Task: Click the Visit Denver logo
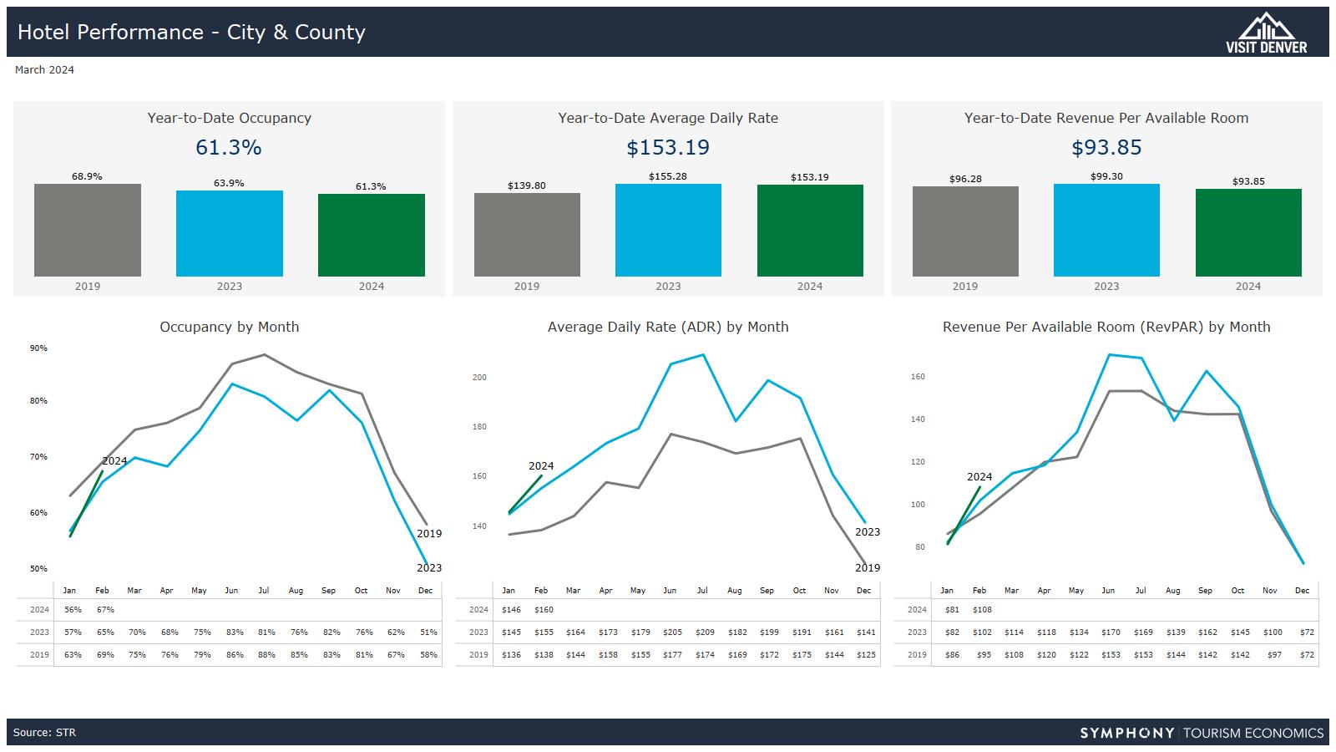pos(1266,33)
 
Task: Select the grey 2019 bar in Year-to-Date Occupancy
pos(88,231)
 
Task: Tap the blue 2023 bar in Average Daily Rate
pos(668,231)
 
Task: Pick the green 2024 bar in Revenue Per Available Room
pos(1248,233)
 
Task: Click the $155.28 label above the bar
pos(668,176)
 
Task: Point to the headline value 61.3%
pos(229,148)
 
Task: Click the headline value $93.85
pos(1106,148)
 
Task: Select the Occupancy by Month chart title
pos(230,327)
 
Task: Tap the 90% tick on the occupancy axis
pos(38,348)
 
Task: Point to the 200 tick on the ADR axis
pos(479,377)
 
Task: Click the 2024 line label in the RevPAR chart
pos(979,477)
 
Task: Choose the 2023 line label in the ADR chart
pos(868,531)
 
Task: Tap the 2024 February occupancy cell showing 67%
pos(105,610)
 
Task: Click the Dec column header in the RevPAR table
pos(1302,591)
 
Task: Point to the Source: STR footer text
pos(44,733)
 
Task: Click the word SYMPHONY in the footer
pos(1127,733)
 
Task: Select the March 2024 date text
pos(44,70)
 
